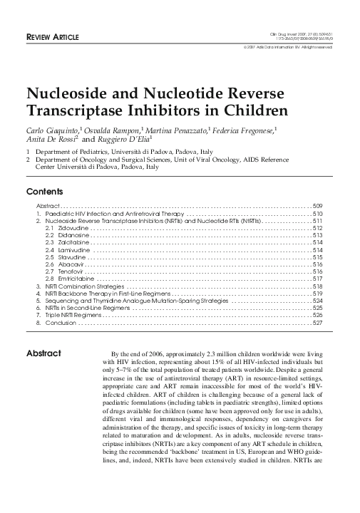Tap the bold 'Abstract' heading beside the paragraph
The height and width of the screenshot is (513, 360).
click(x=44, y=353)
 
